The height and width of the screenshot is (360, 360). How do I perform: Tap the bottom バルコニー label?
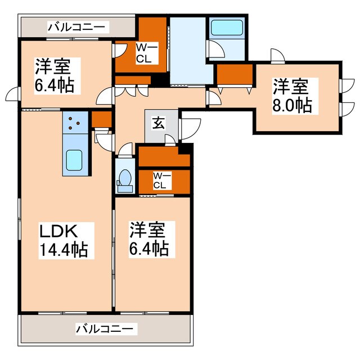[x=105, y=328]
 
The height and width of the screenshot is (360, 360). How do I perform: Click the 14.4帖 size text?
[x=63, y=249]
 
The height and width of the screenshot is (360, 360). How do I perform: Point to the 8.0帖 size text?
[x=292, y=105]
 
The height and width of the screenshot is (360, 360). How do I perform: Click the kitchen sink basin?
[x=74, y=161]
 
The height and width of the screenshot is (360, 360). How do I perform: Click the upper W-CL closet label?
[x=143, y=52]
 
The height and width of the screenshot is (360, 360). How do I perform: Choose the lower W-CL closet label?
[x=160, y=180]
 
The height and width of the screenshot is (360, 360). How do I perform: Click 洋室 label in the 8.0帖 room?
[x=291, y=87]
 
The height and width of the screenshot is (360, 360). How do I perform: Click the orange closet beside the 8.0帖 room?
[x=233, y=74]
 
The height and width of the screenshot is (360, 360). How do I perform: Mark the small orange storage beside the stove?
[x=101, y=119]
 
